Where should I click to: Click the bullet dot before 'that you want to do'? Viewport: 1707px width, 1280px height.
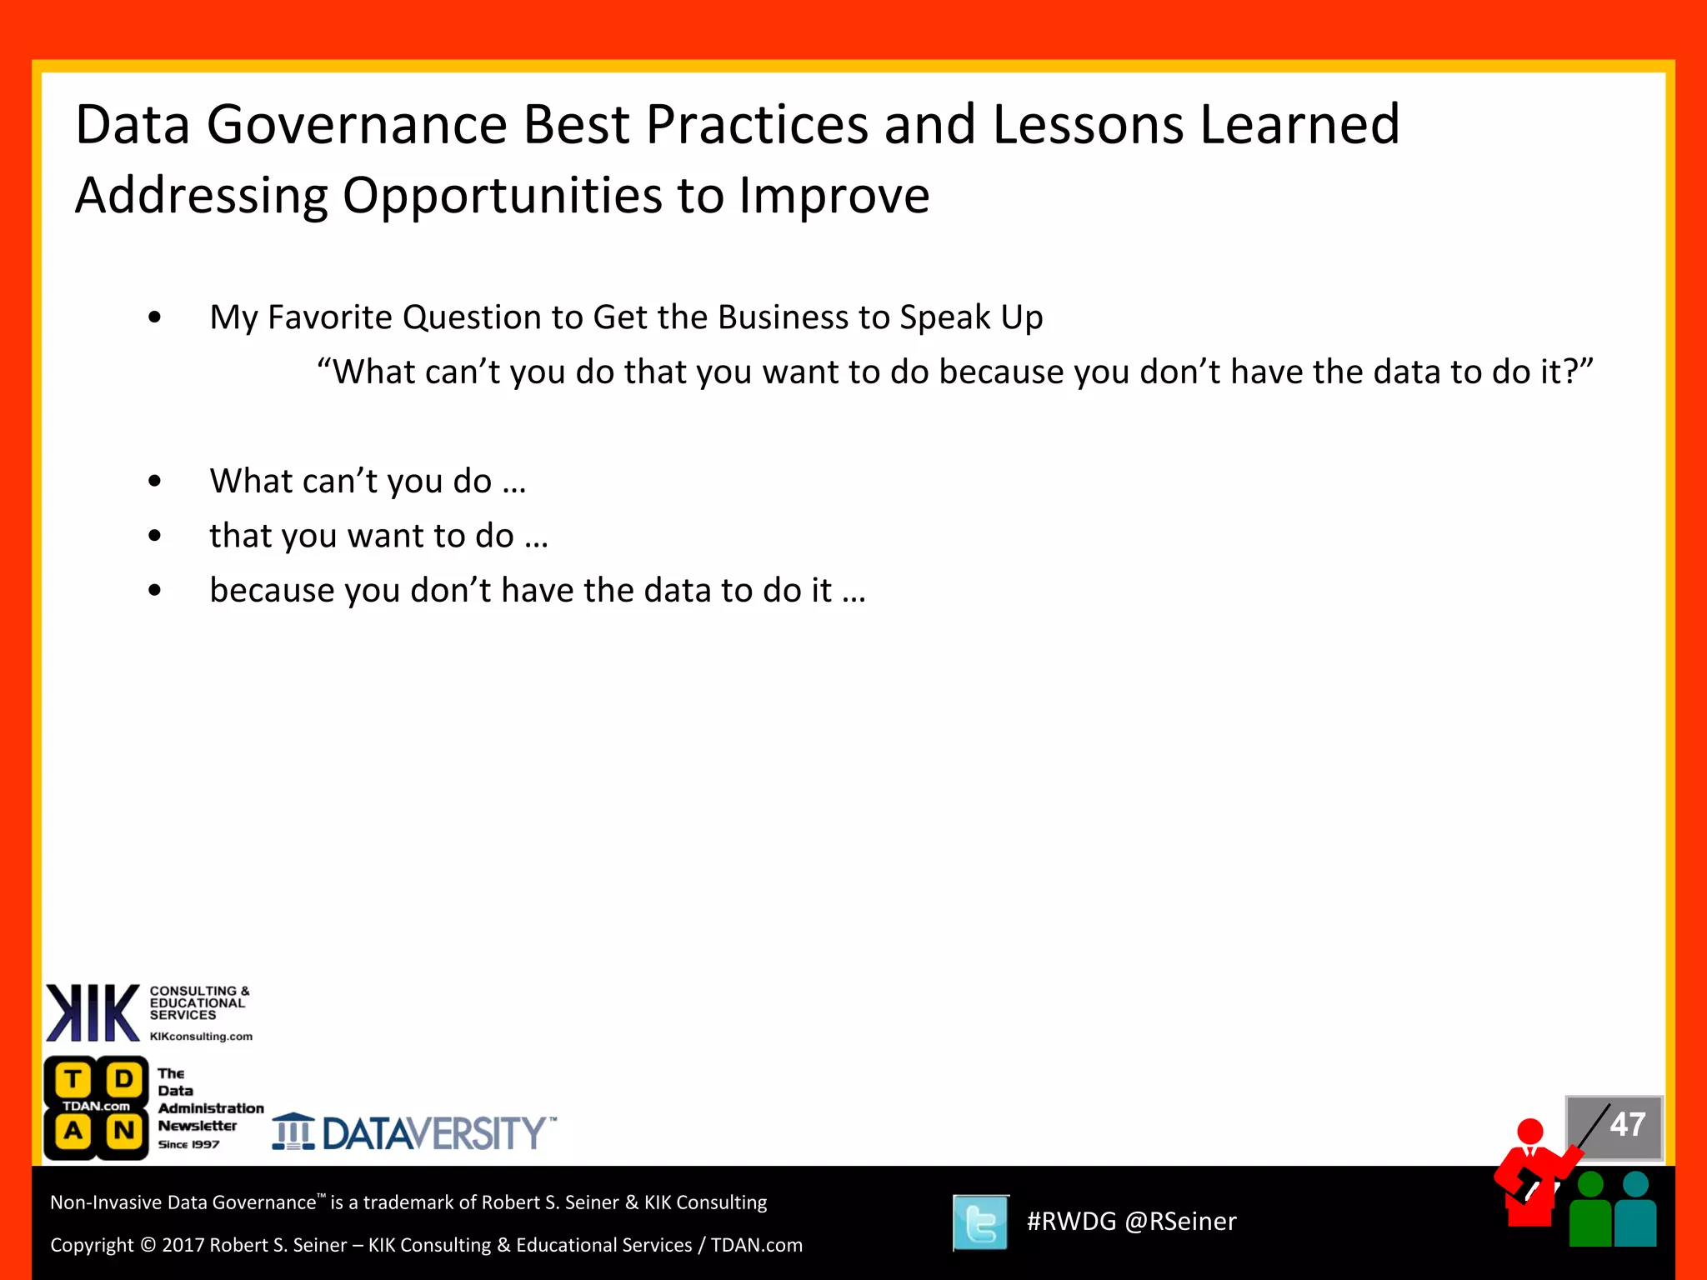[x=154, y=536]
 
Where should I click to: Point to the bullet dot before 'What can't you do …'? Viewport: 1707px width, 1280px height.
[x=154, y=481]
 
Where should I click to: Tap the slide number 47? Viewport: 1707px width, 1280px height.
[x=1627, y=1125]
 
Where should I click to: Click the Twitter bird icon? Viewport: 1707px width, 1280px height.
[x=980, y=1222]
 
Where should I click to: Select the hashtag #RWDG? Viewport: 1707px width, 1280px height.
[x=1071, y=1222]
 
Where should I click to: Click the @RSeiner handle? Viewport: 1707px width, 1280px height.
[x=1180, y=1222]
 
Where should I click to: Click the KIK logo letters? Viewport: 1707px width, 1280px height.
[x=92, y=1012]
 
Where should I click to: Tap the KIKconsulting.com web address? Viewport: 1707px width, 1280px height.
[x=201, y=1037]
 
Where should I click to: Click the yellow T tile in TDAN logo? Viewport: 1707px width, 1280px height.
[x=73, y=1080]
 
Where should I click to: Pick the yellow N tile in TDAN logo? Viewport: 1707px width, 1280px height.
[x=124, y=1131]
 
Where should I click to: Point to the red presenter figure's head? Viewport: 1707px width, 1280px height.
[x=1530, y=1131]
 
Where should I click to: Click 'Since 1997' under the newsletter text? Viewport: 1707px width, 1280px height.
[x=188, y=1144]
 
